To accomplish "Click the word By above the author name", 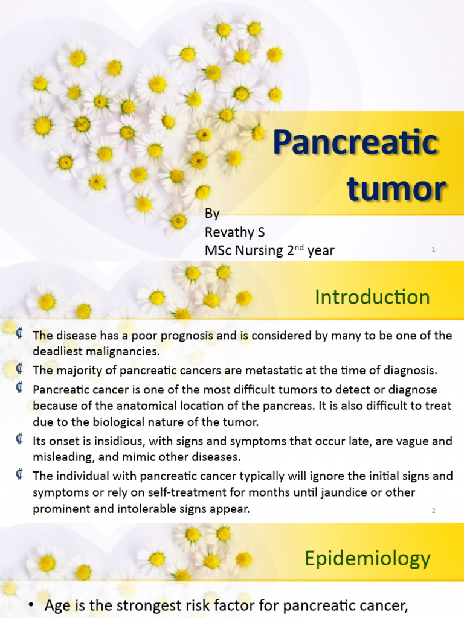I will (212, 214).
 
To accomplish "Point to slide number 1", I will (434, 249).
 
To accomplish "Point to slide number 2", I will (434, 511).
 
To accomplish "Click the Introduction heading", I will (372, 297).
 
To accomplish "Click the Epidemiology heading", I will (367, 558).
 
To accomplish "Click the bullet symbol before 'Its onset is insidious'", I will (20, 440).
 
